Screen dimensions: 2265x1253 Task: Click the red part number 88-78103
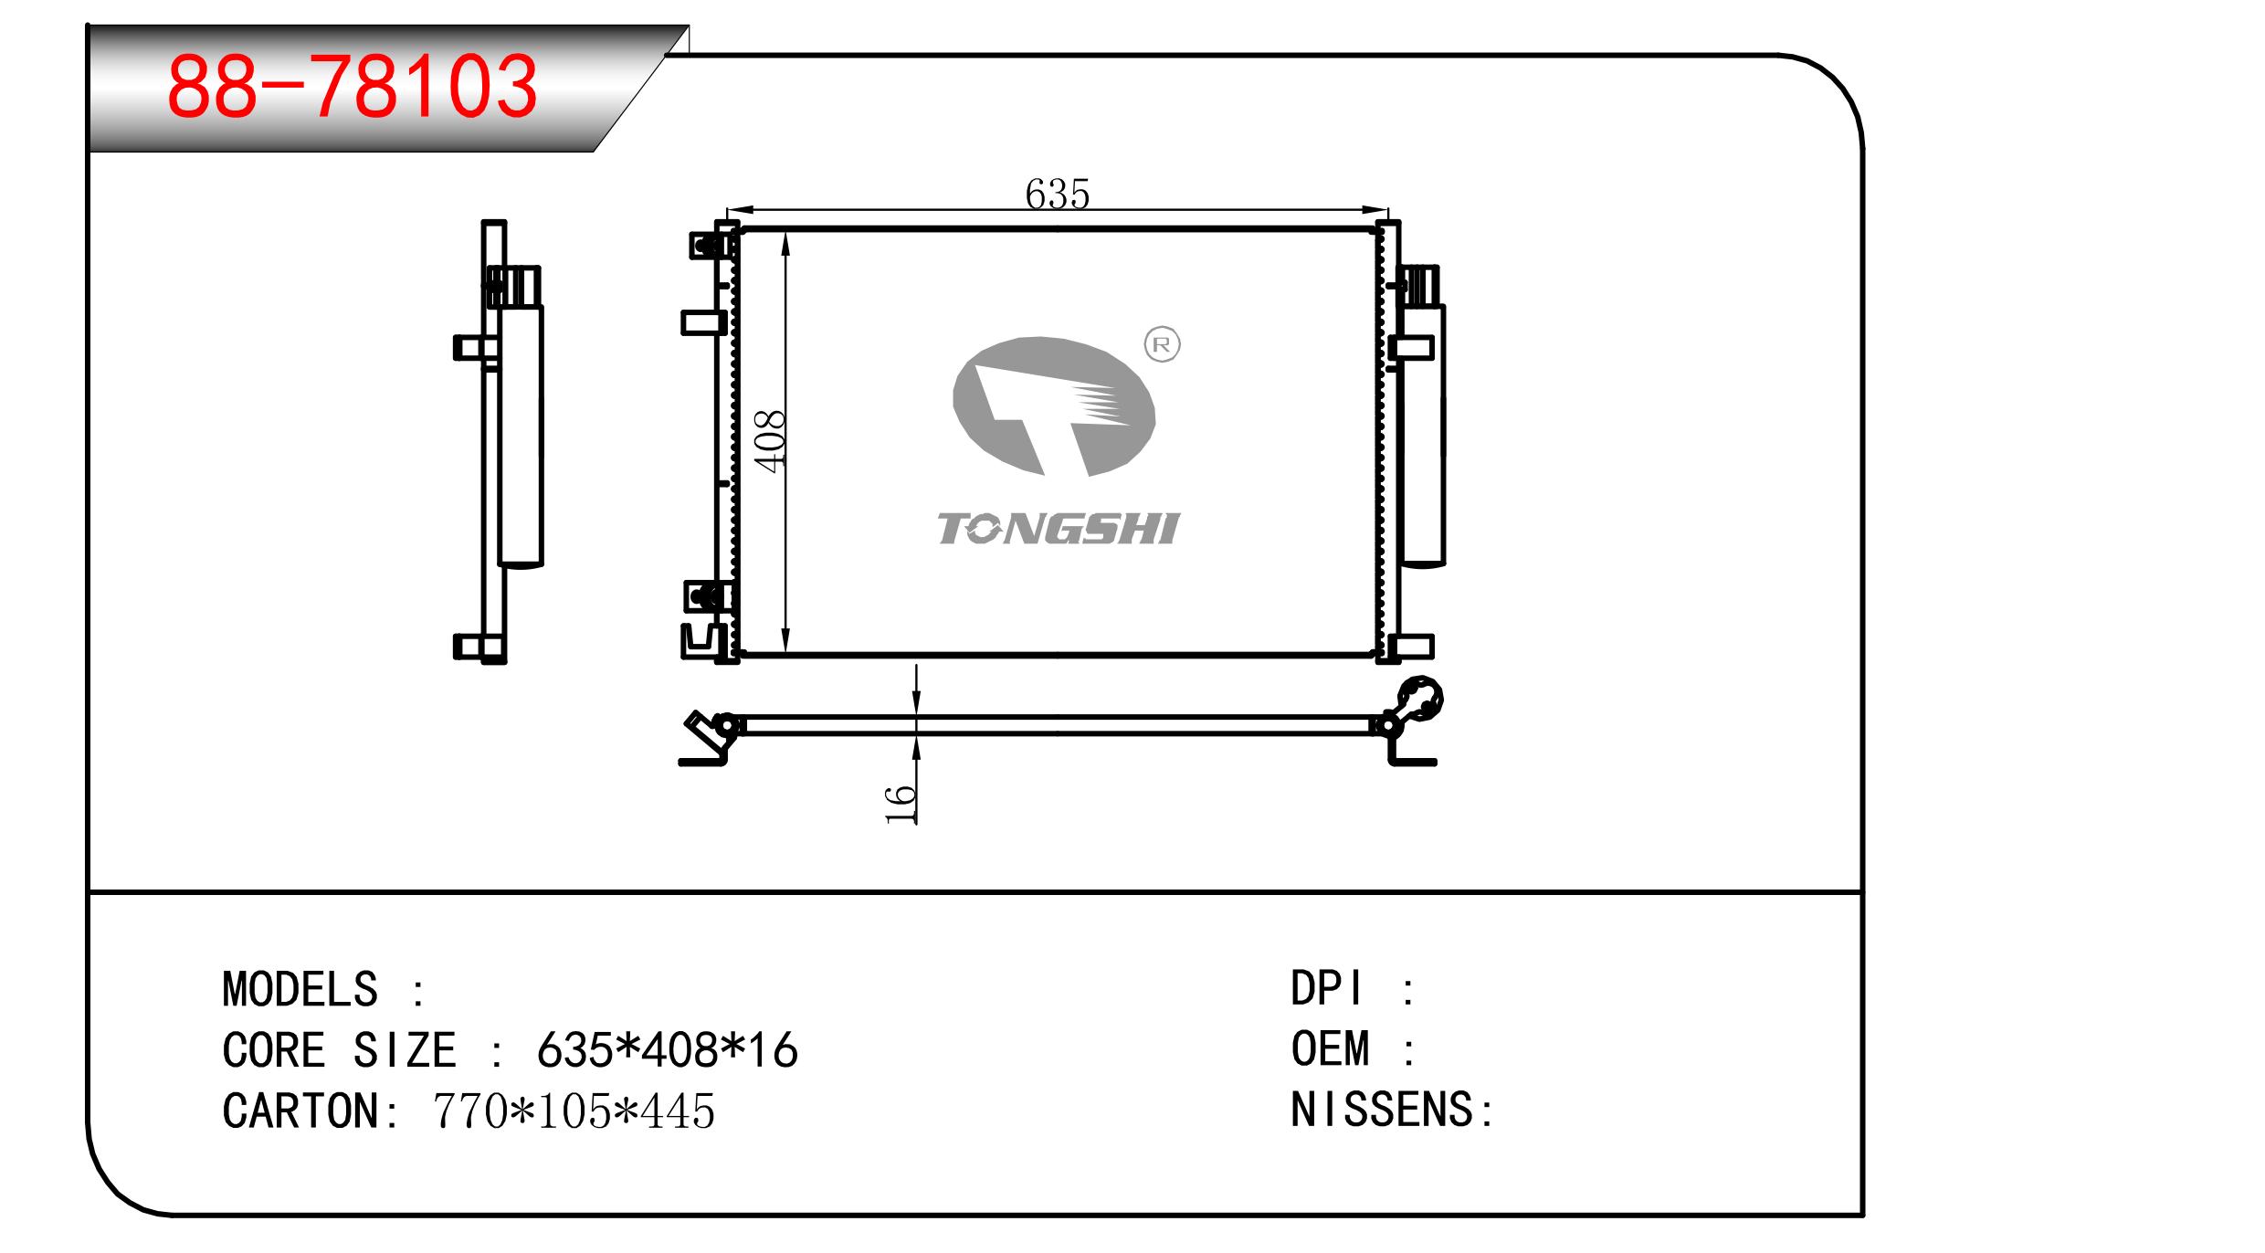tap(353, 87)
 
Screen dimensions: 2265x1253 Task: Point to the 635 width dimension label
tap(1058, 194)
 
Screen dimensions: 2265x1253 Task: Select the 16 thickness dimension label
tap(901, 804)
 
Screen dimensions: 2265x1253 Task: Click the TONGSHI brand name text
tap(1059, 529)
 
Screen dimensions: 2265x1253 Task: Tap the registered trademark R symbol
tap(1162, 344)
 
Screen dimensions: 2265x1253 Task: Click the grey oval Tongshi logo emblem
tap(1054, 406)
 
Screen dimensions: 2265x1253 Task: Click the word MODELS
tap(300, 989)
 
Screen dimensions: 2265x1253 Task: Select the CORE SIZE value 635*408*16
tap(668, 1050)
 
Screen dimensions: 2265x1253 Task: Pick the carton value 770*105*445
tap(574, 1111)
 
